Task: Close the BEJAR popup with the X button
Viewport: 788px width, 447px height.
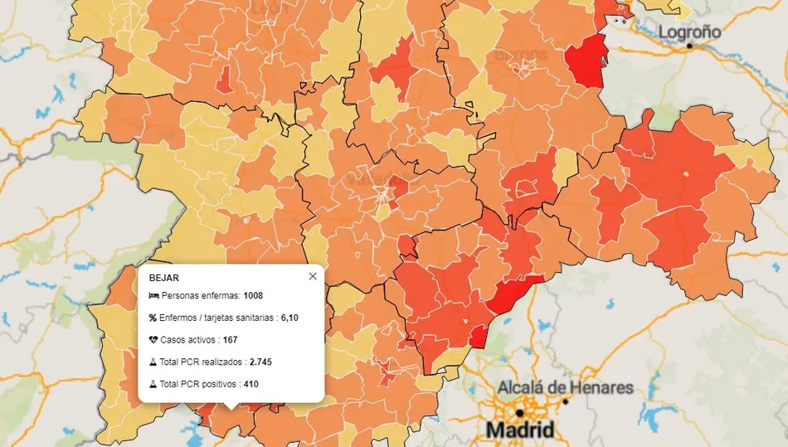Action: tap(313, 277)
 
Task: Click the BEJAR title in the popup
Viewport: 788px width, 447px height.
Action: tap(163, 278)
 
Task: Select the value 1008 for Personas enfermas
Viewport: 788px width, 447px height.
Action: tap(253, 295)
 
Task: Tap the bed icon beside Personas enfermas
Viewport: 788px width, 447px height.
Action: tap(153, 295)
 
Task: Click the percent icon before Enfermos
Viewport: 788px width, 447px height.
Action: tap(153, 318)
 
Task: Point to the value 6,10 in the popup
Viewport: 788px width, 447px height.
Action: tap(289, 318)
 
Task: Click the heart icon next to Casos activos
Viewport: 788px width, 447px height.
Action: tap(153, 340)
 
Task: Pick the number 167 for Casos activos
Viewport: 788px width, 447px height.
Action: tap(231, 340)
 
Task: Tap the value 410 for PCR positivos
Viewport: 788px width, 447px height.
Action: tap(251, 385)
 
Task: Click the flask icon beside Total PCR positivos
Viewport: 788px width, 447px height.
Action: tap(153, 385)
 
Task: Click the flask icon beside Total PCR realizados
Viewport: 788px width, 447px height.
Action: tap(153, 362)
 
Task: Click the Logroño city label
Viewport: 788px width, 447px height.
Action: tap(689, 32)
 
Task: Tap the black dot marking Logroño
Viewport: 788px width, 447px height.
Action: tap(689, 46)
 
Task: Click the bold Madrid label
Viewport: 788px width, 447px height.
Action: tap(520, 430)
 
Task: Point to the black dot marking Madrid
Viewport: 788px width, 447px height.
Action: tap(519, 412)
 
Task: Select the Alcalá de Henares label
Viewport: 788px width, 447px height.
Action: tap(565, 387)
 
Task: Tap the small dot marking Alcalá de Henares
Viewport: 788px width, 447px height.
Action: tap(566, 401)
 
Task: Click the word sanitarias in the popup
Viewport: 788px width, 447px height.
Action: tap(254, 318)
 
